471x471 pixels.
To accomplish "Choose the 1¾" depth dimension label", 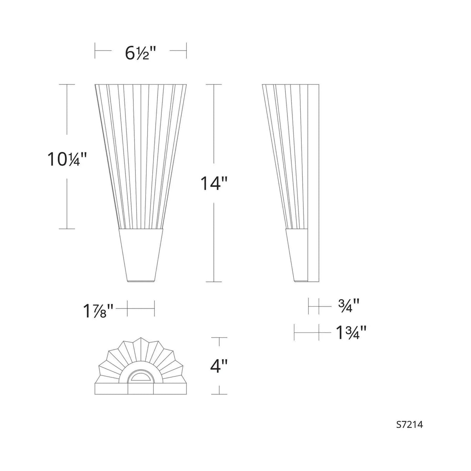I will tap(351, 333).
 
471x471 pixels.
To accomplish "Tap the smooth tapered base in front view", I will tap(141, 255).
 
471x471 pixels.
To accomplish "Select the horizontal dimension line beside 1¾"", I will tap(307, 333).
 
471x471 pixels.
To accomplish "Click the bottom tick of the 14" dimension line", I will tap(214, 282).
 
